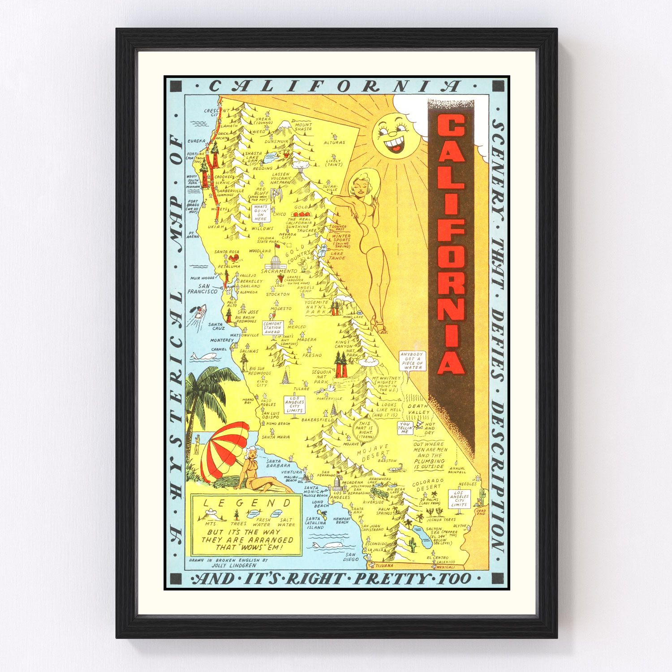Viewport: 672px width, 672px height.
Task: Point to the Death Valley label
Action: coord(418,409)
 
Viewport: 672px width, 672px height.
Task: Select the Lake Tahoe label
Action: coord(336,256)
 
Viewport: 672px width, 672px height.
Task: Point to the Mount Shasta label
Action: coord(303,127)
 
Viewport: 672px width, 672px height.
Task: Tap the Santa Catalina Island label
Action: coord(314,523)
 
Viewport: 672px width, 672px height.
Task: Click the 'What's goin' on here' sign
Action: coord(260,213)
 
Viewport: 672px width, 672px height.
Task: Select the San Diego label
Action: coord(351,557)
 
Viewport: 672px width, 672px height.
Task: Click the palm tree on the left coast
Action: coord(204,394)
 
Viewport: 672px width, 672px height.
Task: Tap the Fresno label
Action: coord(312,355)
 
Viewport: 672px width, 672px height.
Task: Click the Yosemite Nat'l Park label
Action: coord(317,306)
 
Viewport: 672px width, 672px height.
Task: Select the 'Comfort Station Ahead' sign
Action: coord(272,327)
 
